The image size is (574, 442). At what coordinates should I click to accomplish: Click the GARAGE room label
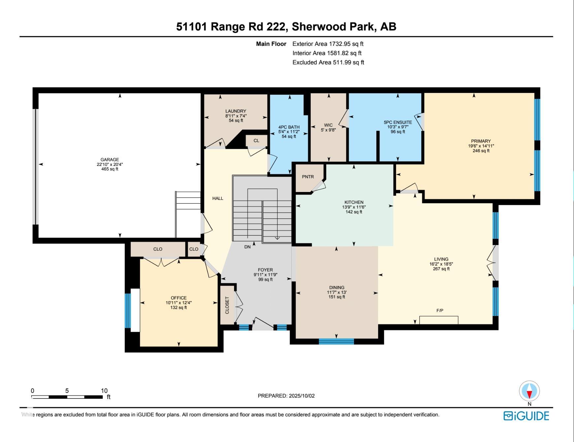click(x=110, y=160)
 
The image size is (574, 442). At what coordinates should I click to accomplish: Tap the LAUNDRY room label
click(x=236, y=111)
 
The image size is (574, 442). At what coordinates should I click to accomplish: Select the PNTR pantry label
click(x=308, y=177)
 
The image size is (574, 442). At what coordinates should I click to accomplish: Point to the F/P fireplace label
click(x=440, y=310)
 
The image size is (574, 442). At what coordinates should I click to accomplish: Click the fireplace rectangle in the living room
click(x=439, y=320)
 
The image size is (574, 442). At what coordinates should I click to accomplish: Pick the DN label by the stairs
click(x=247, y=247)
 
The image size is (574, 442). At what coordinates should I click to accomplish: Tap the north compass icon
click(x=529, y=391)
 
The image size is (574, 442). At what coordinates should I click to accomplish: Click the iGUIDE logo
click(x=526, y=416)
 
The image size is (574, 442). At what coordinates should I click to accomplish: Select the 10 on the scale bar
click(x=104, y=391)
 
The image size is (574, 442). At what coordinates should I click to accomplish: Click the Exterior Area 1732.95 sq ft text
click(x=328, y=44)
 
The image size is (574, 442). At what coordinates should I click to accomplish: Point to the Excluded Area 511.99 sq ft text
click(x=328, y=62)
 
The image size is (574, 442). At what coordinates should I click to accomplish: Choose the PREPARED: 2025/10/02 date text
click(x=286, y=396)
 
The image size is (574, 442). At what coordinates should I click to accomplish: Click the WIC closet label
click(x=328, y=125)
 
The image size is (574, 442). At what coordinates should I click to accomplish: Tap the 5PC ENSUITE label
click(x=398, y=122)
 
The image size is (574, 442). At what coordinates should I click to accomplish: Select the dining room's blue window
click(x=336, y=341)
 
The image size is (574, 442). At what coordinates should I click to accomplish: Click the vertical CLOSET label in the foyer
click(x=227, y=305)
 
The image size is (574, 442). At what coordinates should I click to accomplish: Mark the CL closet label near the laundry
click(x=256, y=141)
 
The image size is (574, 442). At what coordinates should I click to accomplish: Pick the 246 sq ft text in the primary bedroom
click(x=481, y=151)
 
